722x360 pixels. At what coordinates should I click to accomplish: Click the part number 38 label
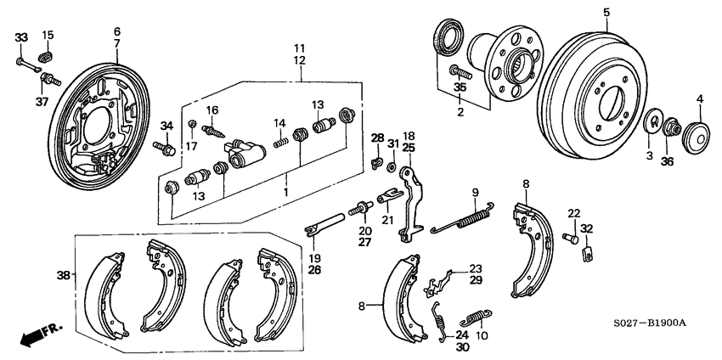[62, 274]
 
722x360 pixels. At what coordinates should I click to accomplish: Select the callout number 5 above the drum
[606, 12]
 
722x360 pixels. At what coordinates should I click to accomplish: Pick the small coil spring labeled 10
[473, 320]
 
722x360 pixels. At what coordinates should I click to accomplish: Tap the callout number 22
[574, 213]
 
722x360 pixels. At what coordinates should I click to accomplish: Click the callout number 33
[21, 37]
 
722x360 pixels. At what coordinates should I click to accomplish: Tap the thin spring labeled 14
[279, 145]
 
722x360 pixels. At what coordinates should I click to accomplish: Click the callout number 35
[460, 87]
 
